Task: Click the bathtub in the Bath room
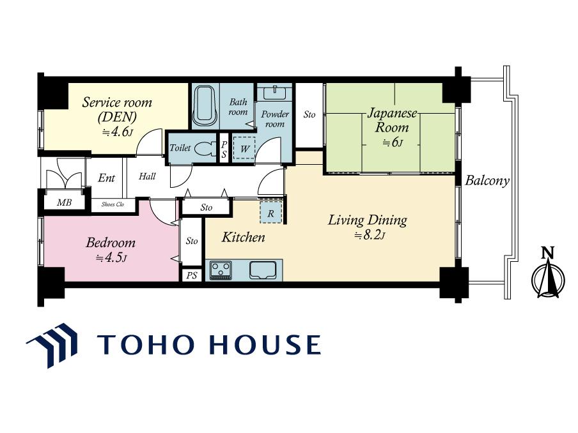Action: point(204,105)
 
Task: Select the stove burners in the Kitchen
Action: point(221,270)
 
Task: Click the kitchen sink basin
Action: point(263,270)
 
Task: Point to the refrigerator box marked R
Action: point(271,213)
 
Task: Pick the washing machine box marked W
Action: point(244,149)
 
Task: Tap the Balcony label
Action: point(487,181)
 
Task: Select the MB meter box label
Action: point(64,202)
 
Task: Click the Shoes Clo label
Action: point(113,204)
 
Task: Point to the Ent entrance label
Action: point(107,178)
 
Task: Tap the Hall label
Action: point(147,176)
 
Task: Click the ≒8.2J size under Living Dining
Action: point(370,235)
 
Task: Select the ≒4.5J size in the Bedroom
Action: point(111,258)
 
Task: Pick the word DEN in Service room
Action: point(117,118)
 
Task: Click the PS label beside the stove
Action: point(192,275)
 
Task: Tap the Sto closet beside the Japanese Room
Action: point(309,114)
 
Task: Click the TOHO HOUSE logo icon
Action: point(52,345)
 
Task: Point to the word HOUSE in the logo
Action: point(265,345)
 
